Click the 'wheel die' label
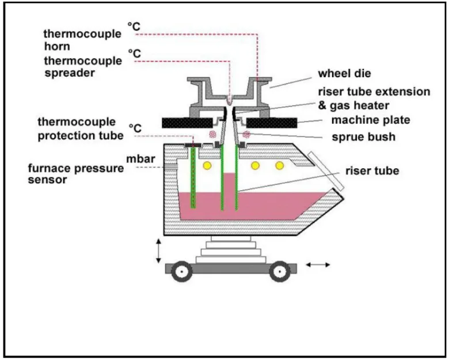click(x=345, y=74)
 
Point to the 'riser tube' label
click(x=372, y=170)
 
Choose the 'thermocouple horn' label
click(x=82, y=39)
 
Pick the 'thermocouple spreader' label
click(x=82, y=67)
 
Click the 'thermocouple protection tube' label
click(x=80, y=129)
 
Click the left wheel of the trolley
click(x=182, y=270)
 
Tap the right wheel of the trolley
click(x=279, y=270)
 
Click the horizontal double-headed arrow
click(x=318, y=264)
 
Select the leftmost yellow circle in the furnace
click(x=206, y=166)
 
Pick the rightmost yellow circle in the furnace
click(x=280, y=166)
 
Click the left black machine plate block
click(x=187, y=122)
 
